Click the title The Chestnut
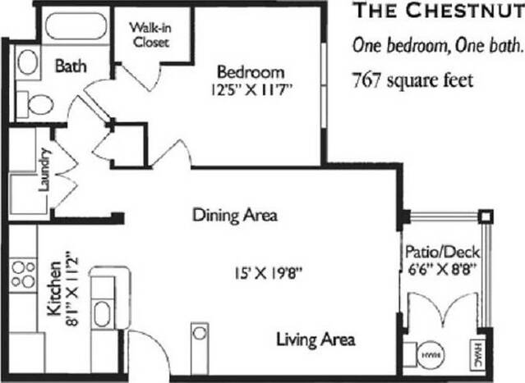point(437,11)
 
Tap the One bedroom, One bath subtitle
point(437,44)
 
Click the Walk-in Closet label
point(149,34)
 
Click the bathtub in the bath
point(75,26)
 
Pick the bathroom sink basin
point(29,62)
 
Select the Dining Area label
point(234,216)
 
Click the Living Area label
point(315,339)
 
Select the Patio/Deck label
point(442,252)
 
